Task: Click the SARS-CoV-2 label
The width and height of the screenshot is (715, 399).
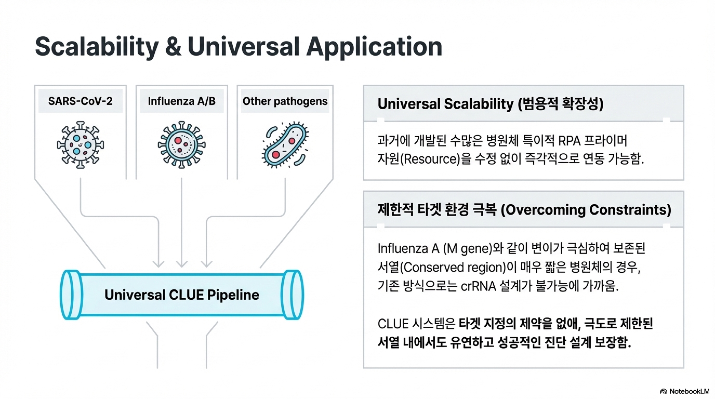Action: tap(80, 101)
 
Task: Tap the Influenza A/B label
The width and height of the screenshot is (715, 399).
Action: tap(182, 101)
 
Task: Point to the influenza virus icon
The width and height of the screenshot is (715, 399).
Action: tap(182, 145)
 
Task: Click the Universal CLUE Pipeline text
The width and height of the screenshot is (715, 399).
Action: tap(182, 295)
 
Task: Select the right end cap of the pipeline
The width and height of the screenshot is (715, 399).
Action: tap(292, 295)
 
